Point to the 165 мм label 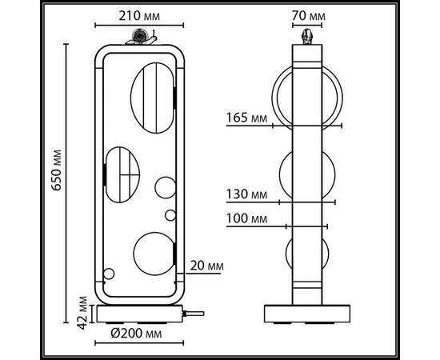click(x=246, y=118)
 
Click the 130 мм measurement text click(x=246, y=194)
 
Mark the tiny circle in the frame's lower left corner click(x=109, y=278)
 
